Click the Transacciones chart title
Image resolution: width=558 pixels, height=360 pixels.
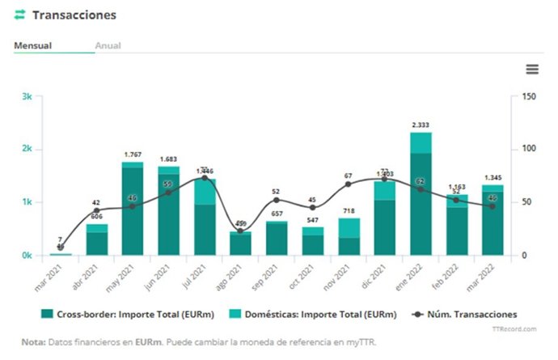click(x=74, y=15)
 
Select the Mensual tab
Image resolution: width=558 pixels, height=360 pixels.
click(x=33, y=45)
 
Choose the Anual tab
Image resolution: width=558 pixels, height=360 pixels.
click(x=108, y=45)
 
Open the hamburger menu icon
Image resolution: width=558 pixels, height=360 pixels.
click(x=531, y=70)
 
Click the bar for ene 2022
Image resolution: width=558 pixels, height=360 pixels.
click(x=420, y=194)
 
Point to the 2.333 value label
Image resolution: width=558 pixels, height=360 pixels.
click(x=420, y=125)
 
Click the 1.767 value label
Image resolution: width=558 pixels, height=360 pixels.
click(x=133, y=155)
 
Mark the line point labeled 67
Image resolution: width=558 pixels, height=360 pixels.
click(x=349, y=184)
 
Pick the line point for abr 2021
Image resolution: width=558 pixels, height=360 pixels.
click(x=97, y=211)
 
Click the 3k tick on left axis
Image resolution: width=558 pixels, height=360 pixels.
click(x=27, y=96)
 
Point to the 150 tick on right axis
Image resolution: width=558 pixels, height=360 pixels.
click(x=530, y=96)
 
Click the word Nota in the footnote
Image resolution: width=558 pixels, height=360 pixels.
click(x=33, y=342)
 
